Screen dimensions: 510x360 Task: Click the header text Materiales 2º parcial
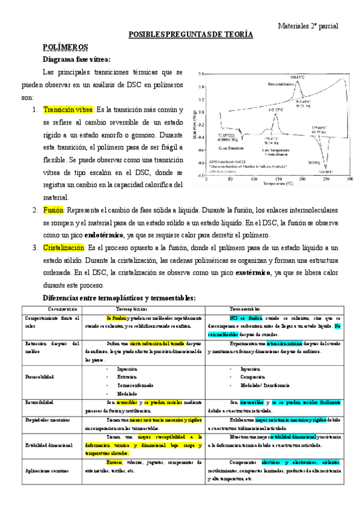(308, 26)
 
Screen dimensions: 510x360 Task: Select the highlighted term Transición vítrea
(69, 110)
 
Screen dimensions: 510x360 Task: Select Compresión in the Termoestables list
(255, 377)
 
